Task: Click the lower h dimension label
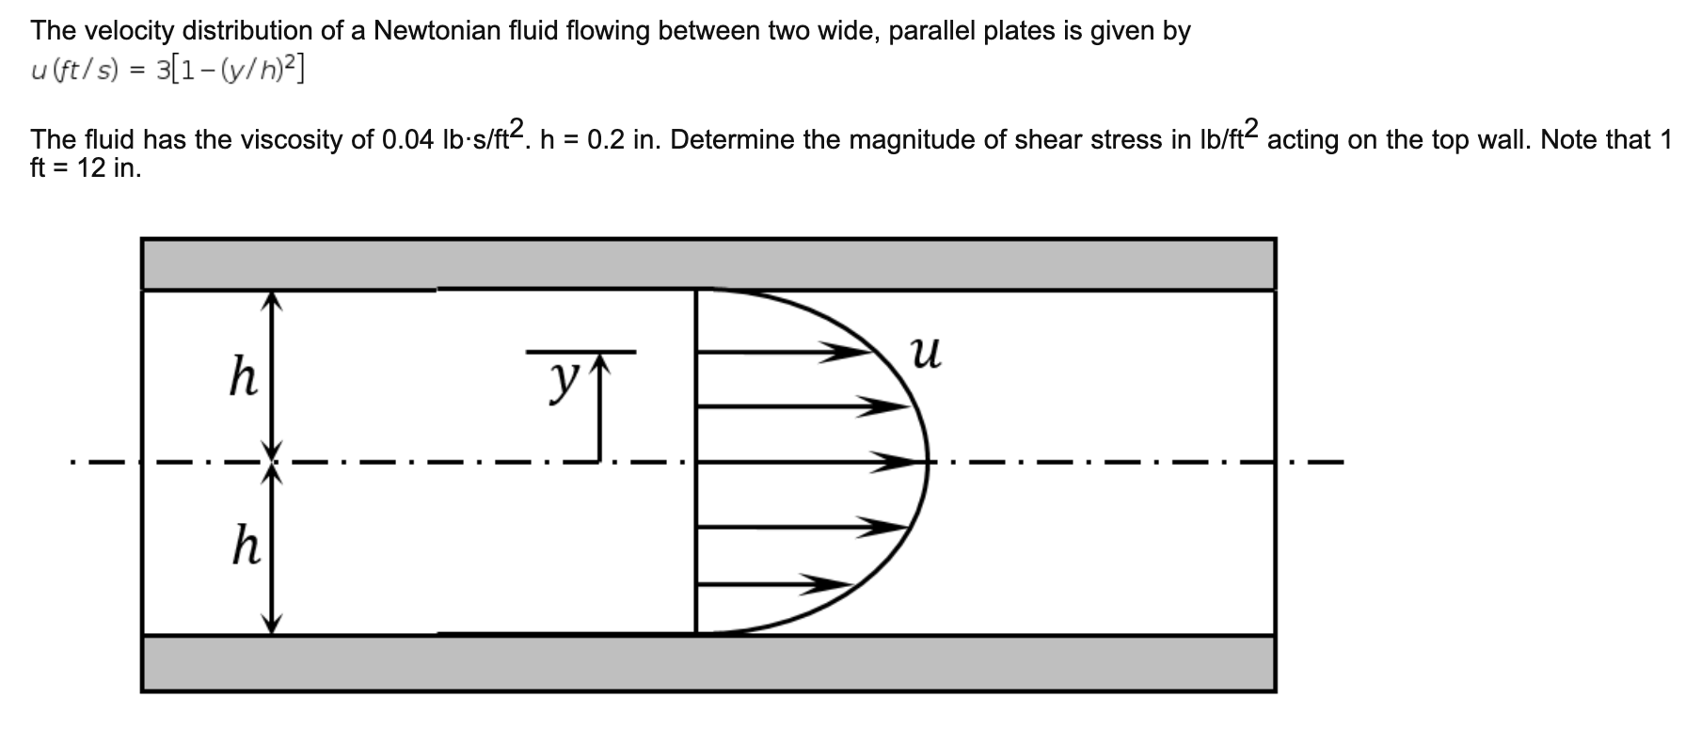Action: [246, 547]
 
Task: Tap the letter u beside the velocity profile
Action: [926, 355]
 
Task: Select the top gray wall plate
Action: [707, 264]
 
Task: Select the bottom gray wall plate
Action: [707, 664]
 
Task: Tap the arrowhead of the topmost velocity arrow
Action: [843, 353]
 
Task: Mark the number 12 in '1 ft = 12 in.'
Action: [92, 169]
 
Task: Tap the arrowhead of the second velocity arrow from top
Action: [884, 407]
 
